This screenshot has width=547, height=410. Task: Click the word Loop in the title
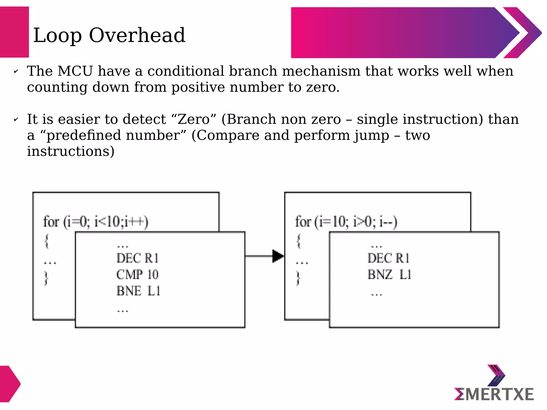click(x=57, y=36)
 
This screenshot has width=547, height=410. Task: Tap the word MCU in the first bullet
click(x=75, y=71)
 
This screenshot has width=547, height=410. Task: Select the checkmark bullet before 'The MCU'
click(x=16, y=72)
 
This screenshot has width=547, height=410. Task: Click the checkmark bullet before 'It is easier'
click(x=16, y=120)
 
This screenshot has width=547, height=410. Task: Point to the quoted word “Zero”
click(x=194, y=119)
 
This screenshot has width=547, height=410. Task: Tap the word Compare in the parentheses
click(x=228, y=136)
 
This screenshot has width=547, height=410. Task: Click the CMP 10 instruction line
click(x=137, y=275)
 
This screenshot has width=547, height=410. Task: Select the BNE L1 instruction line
click(x=138, y=291)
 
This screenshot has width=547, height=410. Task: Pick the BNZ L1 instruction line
click(x=389, y=275)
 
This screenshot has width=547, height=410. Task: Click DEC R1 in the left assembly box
click(x=138, y=258)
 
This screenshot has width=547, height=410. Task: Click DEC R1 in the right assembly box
click(x=388, y=258)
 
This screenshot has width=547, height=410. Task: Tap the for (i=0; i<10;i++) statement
click(x=96, y=222)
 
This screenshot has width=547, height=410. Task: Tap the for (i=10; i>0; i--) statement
click(x=346, y=222)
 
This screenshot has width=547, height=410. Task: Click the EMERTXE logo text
click(x=494, y=394)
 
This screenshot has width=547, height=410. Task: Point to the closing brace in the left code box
click(x=46, y=278)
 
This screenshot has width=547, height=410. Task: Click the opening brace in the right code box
click(x=299, y=241)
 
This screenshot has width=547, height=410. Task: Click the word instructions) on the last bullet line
click(x=71, y=151)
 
